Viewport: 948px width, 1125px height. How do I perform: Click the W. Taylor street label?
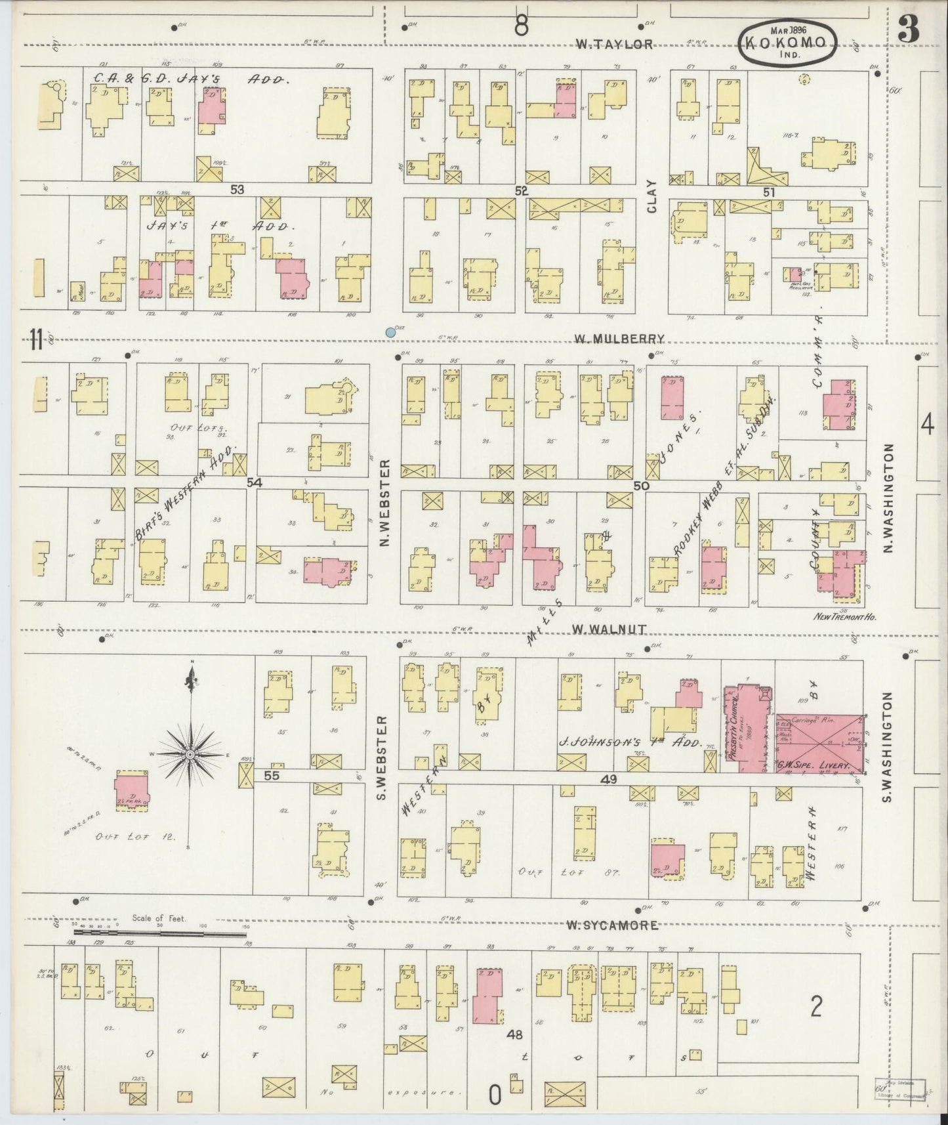tap(614, 45)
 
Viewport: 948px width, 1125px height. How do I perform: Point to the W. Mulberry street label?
tap(619, 339)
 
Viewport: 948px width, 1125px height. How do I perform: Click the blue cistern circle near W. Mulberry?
tap(391, 333)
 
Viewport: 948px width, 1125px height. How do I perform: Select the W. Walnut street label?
tap(609, 629)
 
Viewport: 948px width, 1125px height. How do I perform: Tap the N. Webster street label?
tap(386, 503)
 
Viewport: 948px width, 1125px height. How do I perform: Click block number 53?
tap(237, 189)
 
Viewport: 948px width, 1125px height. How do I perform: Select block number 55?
tap(272, 775)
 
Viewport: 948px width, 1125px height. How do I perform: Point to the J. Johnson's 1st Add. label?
tap(630, 744)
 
